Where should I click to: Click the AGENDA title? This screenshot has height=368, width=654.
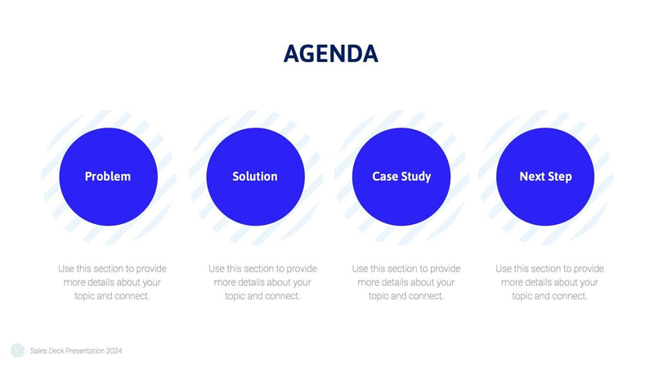coord(330,54)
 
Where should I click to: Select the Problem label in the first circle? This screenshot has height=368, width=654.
coord(108,177)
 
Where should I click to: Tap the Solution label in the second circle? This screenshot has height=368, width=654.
coord(254,177)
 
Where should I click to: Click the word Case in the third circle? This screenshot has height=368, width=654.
coord(387,177)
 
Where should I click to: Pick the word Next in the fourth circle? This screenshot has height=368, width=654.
coord(532,177)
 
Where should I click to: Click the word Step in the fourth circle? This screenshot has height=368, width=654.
coord(560,177)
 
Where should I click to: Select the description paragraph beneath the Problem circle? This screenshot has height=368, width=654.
coord(112,282)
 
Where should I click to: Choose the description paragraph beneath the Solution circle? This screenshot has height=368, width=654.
coord(262,282)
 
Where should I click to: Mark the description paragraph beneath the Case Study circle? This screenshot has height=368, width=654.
coord(406,282)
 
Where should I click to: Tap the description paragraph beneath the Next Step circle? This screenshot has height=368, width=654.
coord(549,282)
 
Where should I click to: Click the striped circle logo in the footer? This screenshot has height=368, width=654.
coord(17,350)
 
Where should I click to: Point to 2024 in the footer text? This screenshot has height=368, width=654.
coord(114,351)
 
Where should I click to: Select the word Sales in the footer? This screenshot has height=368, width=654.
coord(38,351)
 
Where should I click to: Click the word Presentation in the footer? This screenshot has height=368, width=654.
coord(83,351)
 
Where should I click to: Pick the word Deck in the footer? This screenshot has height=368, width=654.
coord(55,351)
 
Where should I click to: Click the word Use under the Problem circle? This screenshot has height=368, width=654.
coord(66,268)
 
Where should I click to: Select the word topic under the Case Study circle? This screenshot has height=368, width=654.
coord(379,296)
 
